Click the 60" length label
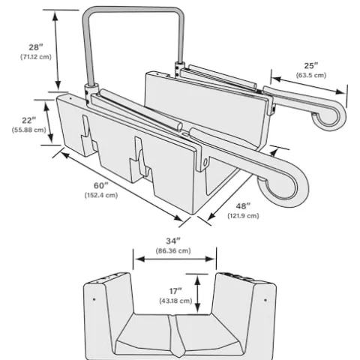[100, 184]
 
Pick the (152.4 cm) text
[100, 195]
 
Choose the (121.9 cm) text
[243, 215]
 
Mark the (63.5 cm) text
[310, 75]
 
